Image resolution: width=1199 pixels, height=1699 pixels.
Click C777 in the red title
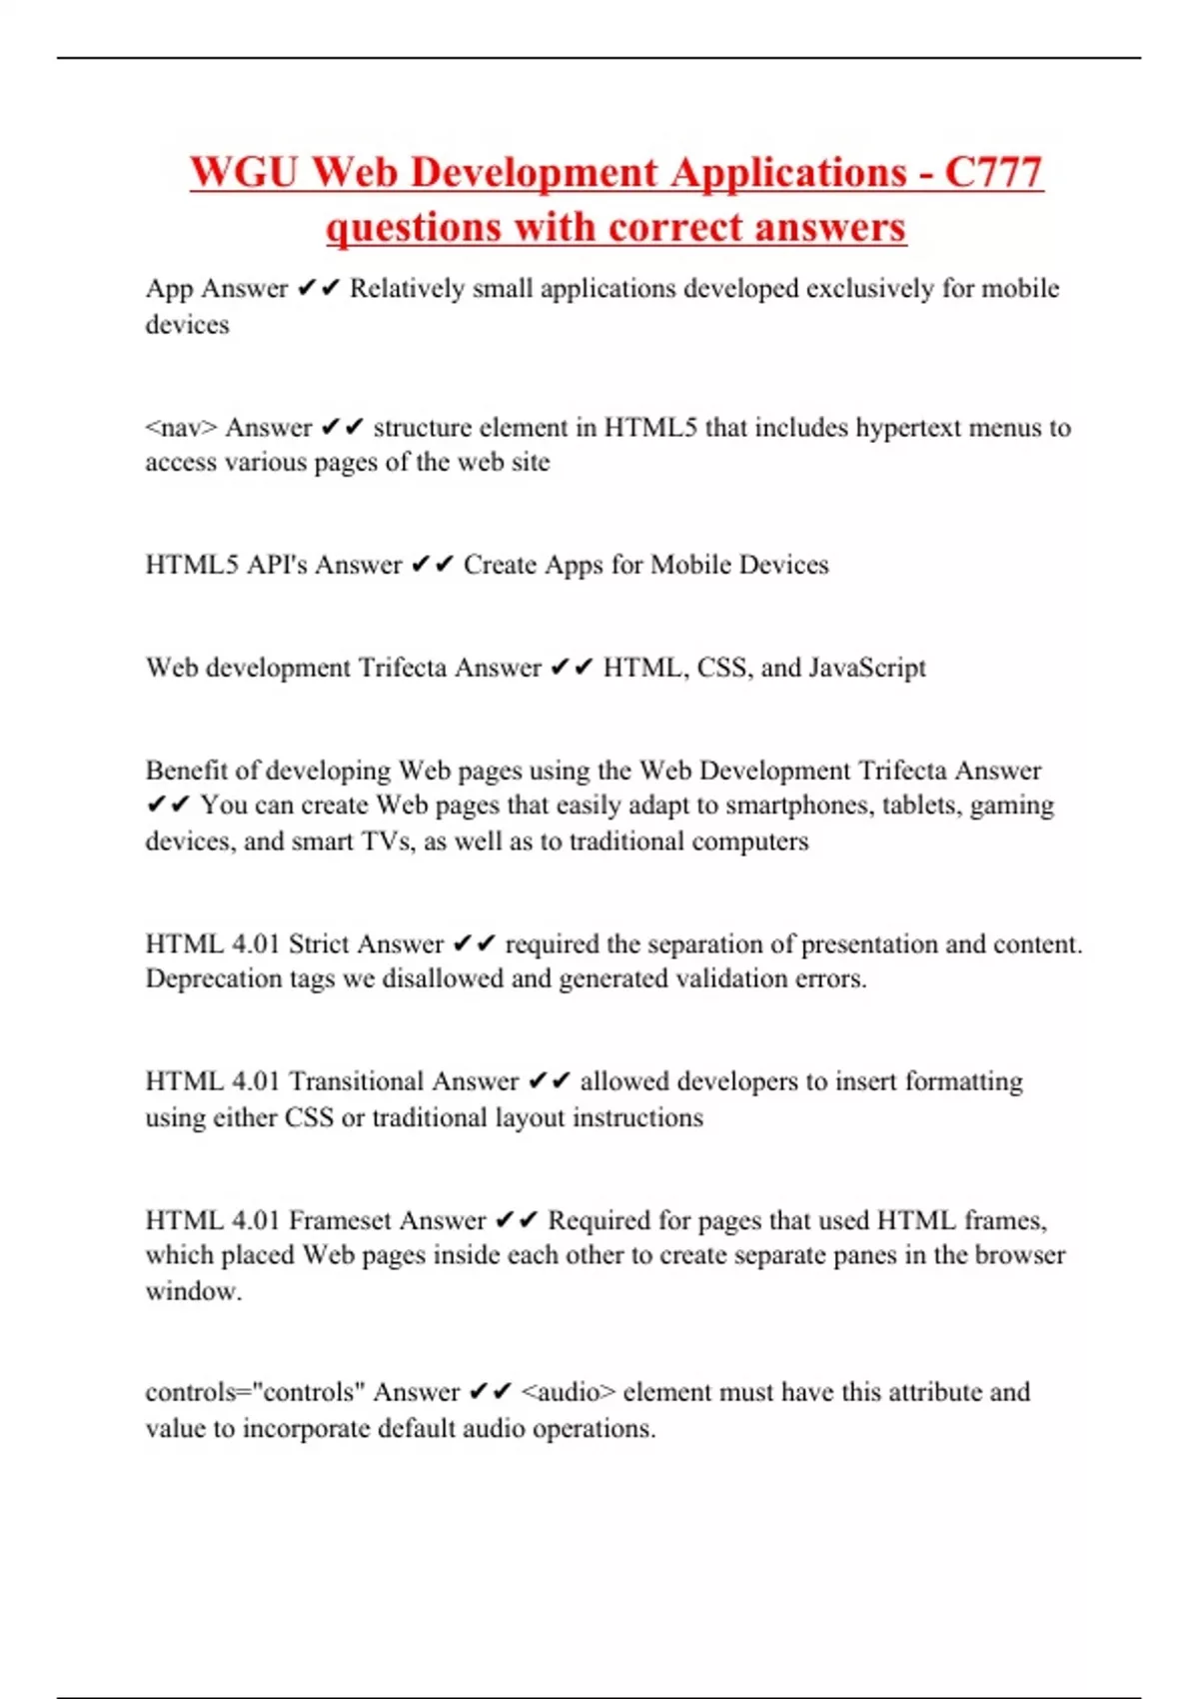993,172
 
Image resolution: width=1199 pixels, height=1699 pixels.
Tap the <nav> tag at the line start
181,428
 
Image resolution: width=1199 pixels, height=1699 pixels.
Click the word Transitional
355,1081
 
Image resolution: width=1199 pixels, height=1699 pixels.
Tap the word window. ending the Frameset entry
193,1291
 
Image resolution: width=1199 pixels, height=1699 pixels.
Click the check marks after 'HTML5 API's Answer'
433,565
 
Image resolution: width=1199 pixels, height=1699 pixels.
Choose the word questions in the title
414,227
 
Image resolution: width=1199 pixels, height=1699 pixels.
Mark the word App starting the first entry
169,289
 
